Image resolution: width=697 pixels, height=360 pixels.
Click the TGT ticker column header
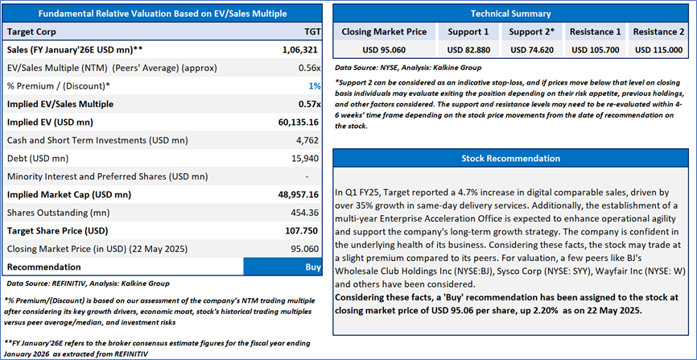click(x=311, y=31)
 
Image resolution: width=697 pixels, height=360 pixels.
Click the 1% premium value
click(x=315, y=85)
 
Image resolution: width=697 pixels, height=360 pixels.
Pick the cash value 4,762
click(x=308, y=140)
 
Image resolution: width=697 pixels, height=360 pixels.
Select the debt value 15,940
click(x=306, y=158)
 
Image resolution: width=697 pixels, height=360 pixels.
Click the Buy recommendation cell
click(x=312, y=266)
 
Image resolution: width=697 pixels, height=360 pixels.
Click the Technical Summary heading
click(x=511, y=14)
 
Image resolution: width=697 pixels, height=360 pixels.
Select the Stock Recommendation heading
click(x=511, y=159)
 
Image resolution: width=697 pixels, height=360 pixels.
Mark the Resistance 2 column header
click(x=659, y=31)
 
